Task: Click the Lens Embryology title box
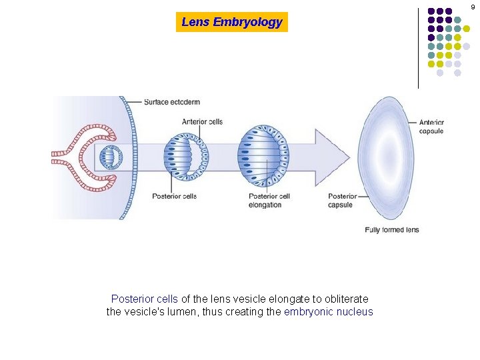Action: click(232, 22)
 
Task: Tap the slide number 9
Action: click(473, 7)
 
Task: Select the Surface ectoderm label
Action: click(172, 102)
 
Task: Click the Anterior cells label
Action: click(202, 122)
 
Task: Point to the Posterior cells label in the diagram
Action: click(175, 196)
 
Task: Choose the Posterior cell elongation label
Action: click(269, 201)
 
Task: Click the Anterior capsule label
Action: click(431, 127)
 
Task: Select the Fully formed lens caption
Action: click(392, 230)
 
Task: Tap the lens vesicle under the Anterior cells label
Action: click(186, 157)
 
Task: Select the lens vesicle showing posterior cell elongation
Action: click(263, 157)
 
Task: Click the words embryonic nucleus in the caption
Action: click(328, 312)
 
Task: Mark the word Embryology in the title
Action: click(248, 22)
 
